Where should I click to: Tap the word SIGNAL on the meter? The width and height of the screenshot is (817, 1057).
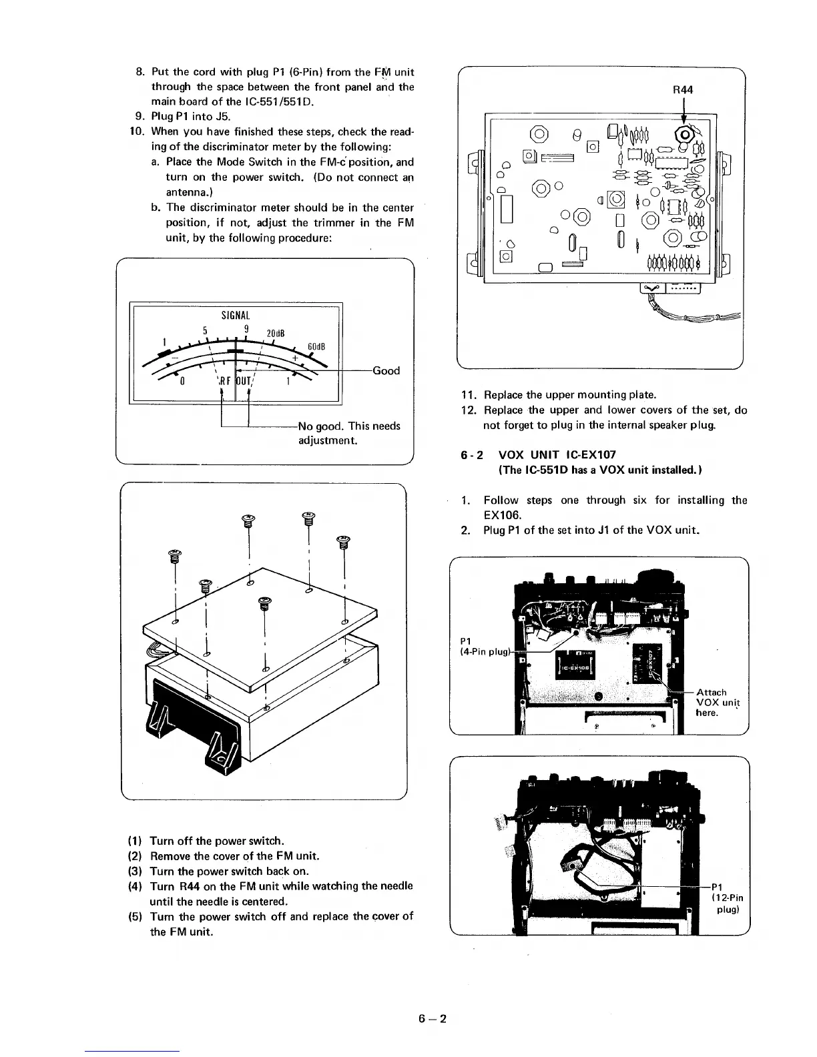point(235,315)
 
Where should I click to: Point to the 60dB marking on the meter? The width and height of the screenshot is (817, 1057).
point(316,346)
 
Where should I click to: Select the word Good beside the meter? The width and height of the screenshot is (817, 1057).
point(386,371)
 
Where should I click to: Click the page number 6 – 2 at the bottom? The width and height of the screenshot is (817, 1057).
point(432,1018)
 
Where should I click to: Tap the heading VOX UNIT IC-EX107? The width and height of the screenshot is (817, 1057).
point(557,455)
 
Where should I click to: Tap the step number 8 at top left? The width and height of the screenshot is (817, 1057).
point(140,71)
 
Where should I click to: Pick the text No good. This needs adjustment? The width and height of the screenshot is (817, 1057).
point(348,433)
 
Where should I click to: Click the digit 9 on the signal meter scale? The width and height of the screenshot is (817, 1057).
point(246,328)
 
